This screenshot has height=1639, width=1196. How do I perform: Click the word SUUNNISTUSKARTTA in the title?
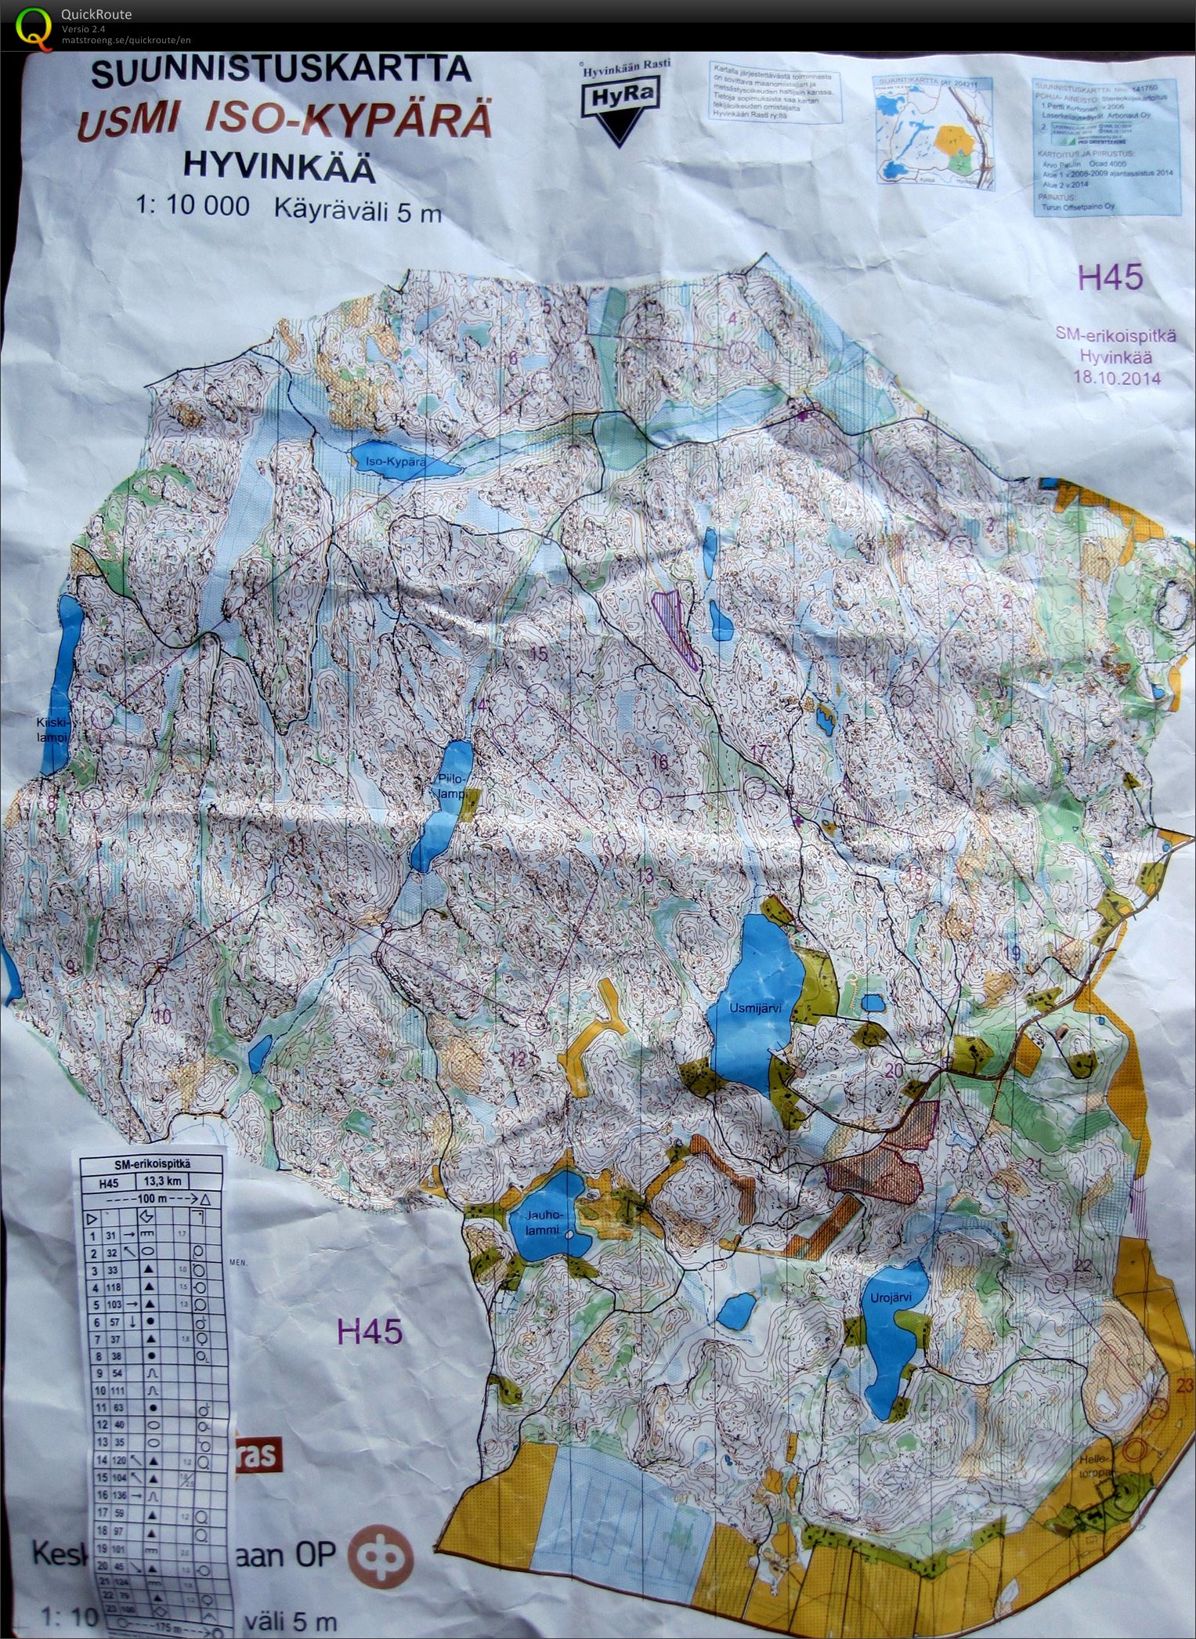tap(281, 73)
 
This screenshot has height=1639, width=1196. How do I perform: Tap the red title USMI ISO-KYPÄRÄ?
tap(283, 123)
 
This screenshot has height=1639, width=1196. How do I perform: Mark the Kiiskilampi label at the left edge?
tap(53, 730)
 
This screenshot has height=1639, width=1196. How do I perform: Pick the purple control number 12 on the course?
tap(519, 1059)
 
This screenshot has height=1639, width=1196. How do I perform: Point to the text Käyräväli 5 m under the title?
tap(358, 209)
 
